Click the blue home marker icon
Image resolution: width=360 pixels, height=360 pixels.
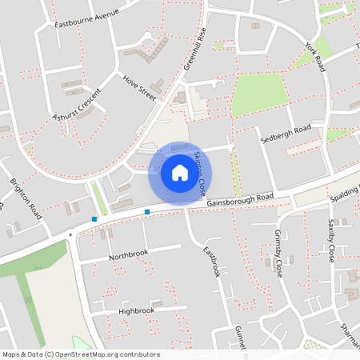click(x=180, y=172)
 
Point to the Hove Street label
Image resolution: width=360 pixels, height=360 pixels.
click(x=138, y=87)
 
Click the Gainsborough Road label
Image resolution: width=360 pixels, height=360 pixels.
click(x=239, y=199)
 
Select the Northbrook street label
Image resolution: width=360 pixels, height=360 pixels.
click(x=129, y=254)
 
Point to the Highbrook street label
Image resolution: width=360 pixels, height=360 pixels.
click(x=135, y=310)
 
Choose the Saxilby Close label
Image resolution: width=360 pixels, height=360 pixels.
click(x=331, y=241)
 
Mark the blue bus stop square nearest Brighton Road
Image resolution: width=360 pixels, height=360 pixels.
click(x=94, y=218)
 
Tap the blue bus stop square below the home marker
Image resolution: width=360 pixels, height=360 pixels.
click(x=147, y=211)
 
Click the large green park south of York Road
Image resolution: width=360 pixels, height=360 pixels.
click(x=258, y=95)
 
